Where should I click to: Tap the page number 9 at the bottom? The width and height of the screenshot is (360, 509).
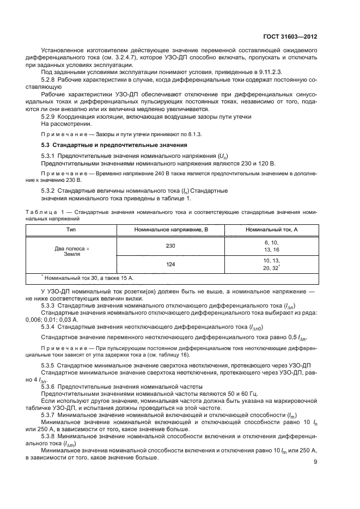315,462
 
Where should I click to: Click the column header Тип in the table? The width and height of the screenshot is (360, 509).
71,230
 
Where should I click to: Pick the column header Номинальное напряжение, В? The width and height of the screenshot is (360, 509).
172,230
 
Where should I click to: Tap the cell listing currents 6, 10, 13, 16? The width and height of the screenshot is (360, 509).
271,246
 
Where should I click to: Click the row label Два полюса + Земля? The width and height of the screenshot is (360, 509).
71,251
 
